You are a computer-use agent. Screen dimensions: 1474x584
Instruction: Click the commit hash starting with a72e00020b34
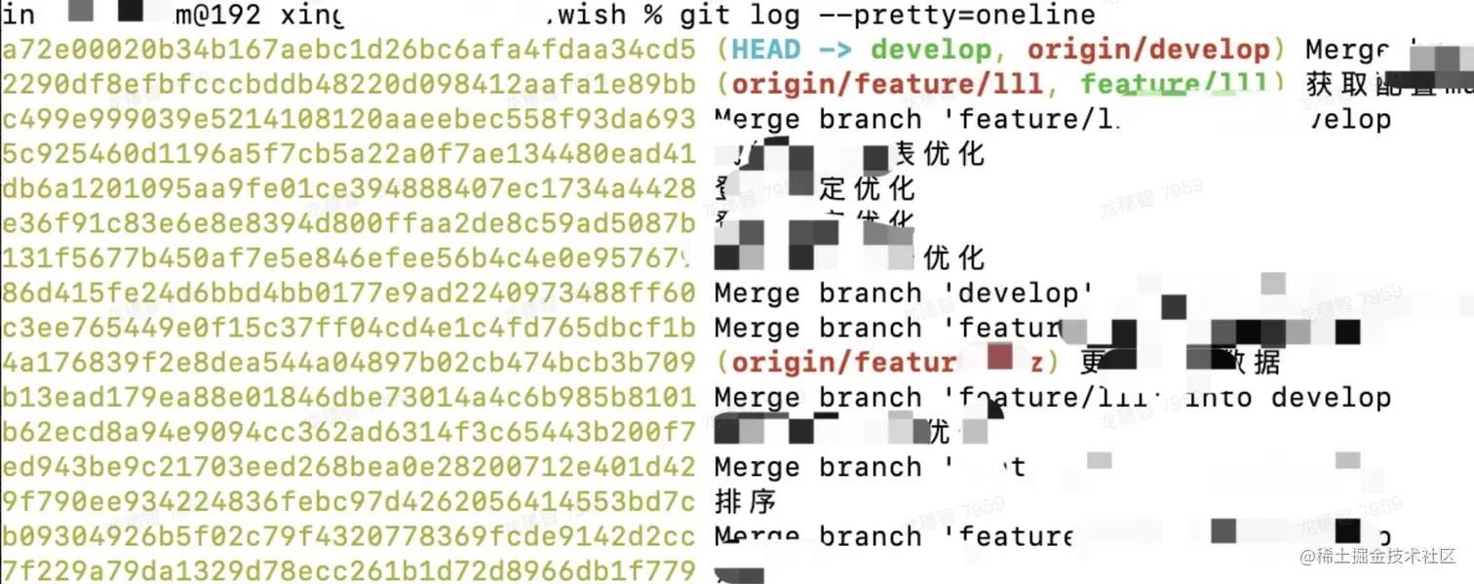click(x=348, y=49)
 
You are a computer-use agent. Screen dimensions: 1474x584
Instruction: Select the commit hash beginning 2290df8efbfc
click(x=348, y=84)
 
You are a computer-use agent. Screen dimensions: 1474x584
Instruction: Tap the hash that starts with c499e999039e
click(x=348, y=119)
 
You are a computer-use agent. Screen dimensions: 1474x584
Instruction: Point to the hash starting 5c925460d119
click(x=348, y=154)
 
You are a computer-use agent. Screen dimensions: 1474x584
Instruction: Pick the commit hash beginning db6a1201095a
click(x=348, y=188)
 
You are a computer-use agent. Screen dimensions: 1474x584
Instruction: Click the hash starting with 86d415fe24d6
click(x=348, y=292)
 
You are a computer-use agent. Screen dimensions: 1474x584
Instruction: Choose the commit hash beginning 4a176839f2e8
click(x=348, y=363)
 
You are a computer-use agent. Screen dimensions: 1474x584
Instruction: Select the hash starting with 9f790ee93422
click(x=348, y=502)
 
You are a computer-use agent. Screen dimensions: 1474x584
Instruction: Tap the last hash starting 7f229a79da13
click(x=348, y=571)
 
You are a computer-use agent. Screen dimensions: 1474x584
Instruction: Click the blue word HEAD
click(x=765, y=49)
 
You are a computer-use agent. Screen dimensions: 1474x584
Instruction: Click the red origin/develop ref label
click(x=1148, y=49)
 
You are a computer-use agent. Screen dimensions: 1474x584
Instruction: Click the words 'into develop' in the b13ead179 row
click(x=1287, y=398)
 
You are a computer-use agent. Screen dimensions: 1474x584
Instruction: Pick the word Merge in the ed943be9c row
click(x=756, y=467)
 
